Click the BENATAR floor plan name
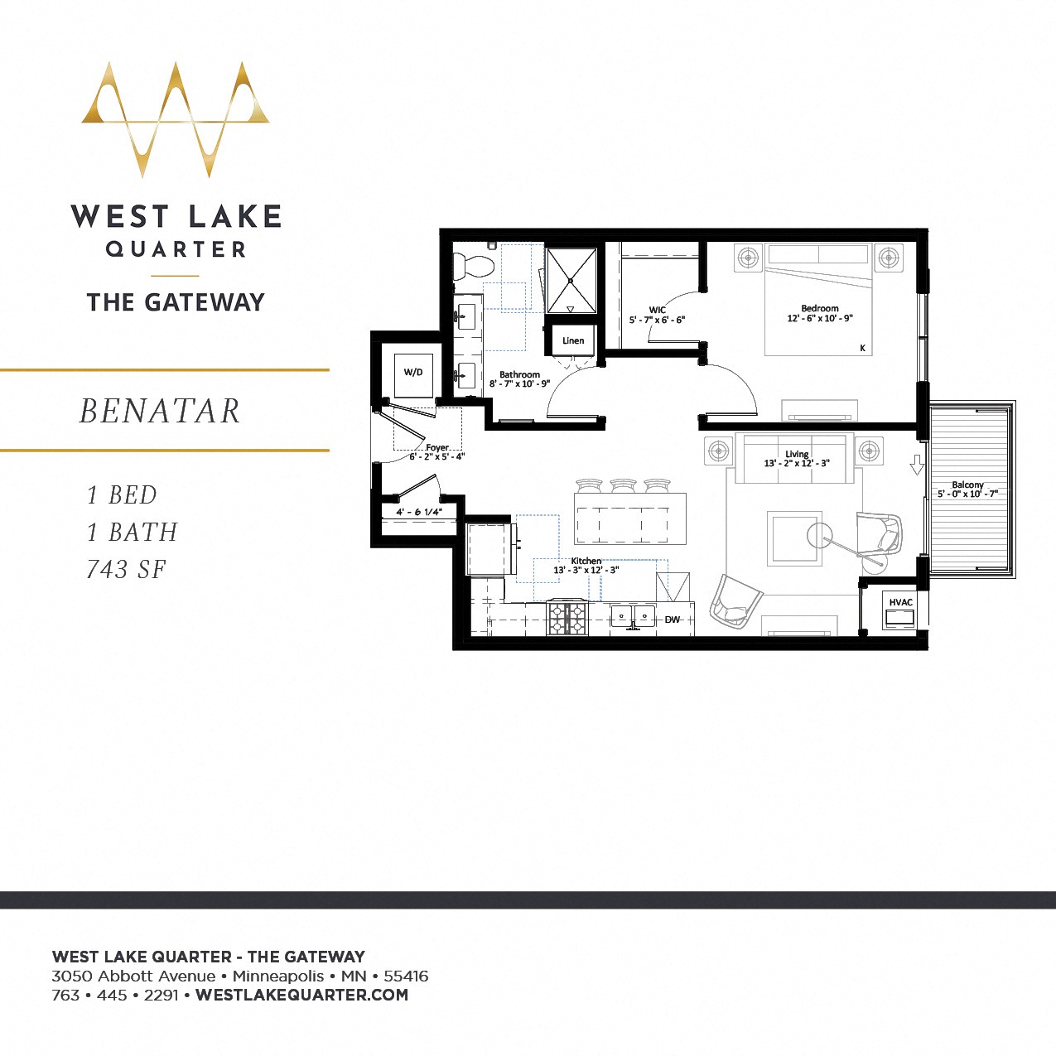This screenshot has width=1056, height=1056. click(x=160, y=411)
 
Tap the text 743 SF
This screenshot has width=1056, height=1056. click(x=127, y=569)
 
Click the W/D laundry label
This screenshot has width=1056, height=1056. click(x=413, y=372)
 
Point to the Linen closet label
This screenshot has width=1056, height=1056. click(x=573, y=340)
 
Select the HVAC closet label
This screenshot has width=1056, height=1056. click(x=900, y=602)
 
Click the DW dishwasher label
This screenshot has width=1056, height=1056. click(x=672, y=620)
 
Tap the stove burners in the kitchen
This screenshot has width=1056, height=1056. click(x=567, y=618)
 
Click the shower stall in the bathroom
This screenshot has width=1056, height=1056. click(x=571, y=281)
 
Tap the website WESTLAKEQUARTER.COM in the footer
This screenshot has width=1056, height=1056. click(x=301, y=995)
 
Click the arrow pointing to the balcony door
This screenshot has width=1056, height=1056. click(x=916, y=465)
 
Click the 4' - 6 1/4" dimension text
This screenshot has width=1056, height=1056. click(x=419, y=512)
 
